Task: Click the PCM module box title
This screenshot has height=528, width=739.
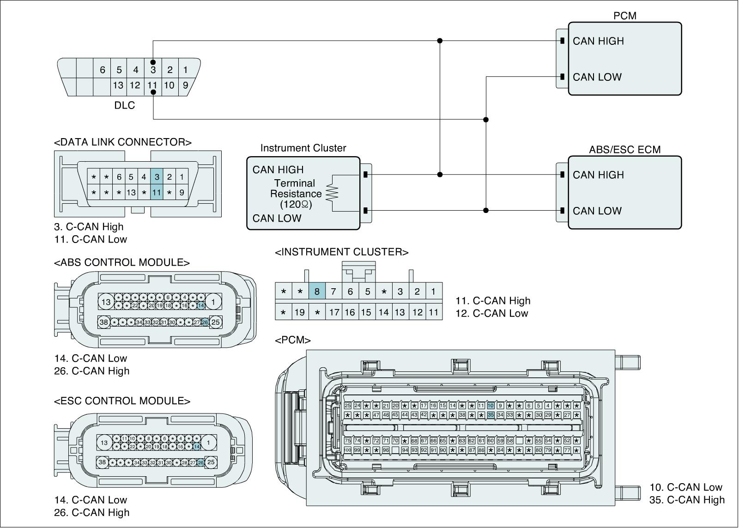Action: (624, 16)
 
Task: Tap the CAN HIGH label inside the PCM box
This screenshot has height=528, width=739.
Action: (598, 41)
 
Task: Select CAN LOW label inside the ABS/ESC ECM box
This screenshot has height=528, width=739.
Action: (597, 211)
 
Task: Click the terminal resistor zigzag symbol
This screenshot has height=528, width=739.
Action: (332, 193)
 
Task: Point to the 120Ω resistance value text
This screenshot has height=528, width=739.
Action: (296, 204)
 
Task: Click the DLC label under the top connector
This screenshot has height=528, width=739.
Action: (125, 105)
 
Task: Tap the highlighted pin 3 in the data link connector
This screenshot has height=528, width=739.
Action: (157, 177)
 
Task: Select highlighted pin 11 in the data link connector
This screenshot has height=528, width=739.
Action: (157, 192)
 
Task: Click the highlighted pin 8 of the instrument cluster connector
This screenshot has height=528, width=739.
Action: (317, 291)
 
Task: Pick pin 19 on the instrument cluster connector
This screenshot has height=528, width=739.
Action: (300, 312)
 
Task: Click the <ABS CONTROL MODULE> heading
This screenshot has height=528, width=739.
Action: (122, 262)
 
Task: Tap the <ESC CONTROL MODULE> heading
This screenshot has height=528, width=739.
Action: (122, 401)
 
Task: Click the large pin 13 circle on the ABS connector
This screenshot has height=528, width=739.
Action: (106, 302)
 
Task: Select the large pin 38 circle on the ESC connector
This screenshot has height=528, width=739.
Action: (103, 462)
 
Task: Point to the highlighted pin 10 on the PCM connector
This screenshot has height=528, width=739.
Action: (491, 406)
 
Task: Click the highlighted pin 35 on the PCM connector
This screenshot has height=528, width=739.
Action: (491, 415)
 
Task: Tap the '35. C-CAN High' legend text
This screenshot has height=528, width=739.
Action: (687, 500)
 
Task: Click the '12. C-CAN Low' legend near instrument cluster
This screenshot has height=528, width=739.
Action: (491, 313)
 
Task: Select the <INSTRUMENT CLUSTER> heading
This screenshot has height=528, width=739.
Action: (342, 252)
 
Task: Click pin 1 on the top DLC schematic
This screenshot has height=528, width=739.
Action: (185, 70)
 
